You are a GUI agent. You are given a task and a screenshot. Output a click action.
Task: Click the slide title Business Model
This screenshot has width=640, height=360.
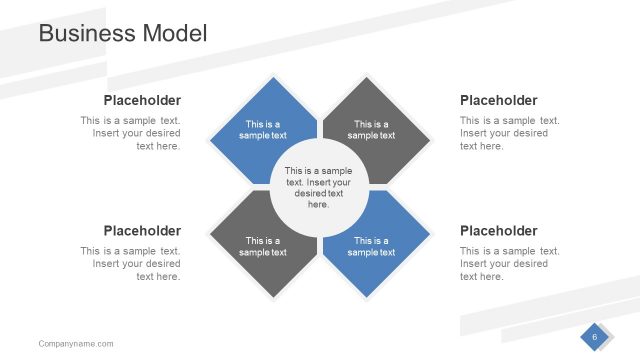click(x=122, y=33)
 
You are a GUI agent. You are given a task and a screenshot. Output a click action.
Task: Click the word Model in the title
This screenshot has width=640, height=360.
click(x=175, y=33)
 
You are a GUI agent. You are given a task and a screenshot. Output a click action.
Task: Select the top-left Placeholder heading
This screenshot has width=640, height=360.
click(x=142, y=100)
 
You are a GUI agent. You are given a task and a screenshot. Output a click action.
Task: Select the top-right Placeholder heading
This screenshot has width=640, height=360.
click(x=498, y=100)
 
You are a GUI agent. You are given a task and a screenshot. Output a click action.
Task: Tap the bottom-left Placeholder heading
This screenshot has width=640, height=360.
click(x=142, y=230)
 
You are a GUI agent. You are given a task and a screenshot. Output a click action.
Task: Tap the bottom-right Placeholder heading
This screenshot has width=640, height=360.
click(x=498, y=230)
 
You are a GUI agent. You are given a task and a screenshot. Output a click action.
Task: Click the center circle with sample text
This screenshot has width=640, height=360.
click(x=318, y=187)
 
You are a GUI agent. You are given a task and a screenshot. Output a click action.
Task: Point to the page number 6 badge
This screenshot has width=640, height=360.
click(x=595, y=338)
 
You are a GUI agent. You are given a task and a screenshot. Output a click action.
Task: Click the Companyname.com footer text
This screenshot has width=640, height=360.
click(x=76, y=344)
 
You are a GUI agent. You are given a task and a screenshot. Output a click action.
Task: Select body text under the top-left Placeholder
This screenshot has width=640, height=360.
click(x=132, y=133)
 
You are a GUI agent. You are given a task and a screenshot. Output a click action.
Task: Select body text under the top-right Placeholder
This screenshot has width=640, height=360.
click(x=508, y=133)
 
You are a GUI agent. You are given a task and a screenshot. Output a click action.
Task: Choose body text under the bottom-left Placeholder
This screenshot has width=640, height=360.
click(x=132, y=264)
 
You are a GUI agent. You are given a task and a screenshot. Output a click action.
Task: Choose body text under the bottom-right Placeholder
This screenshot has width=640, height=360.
click(x=508, y=264)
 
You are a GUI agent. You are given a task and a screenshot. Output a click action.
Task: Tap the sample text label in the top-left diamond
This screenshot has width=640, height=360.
click(x=263, y=129)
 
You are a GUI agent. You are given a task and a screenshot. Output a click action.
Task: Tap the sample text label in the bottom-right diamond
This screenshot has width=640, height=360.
click(x=371, y=246)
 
